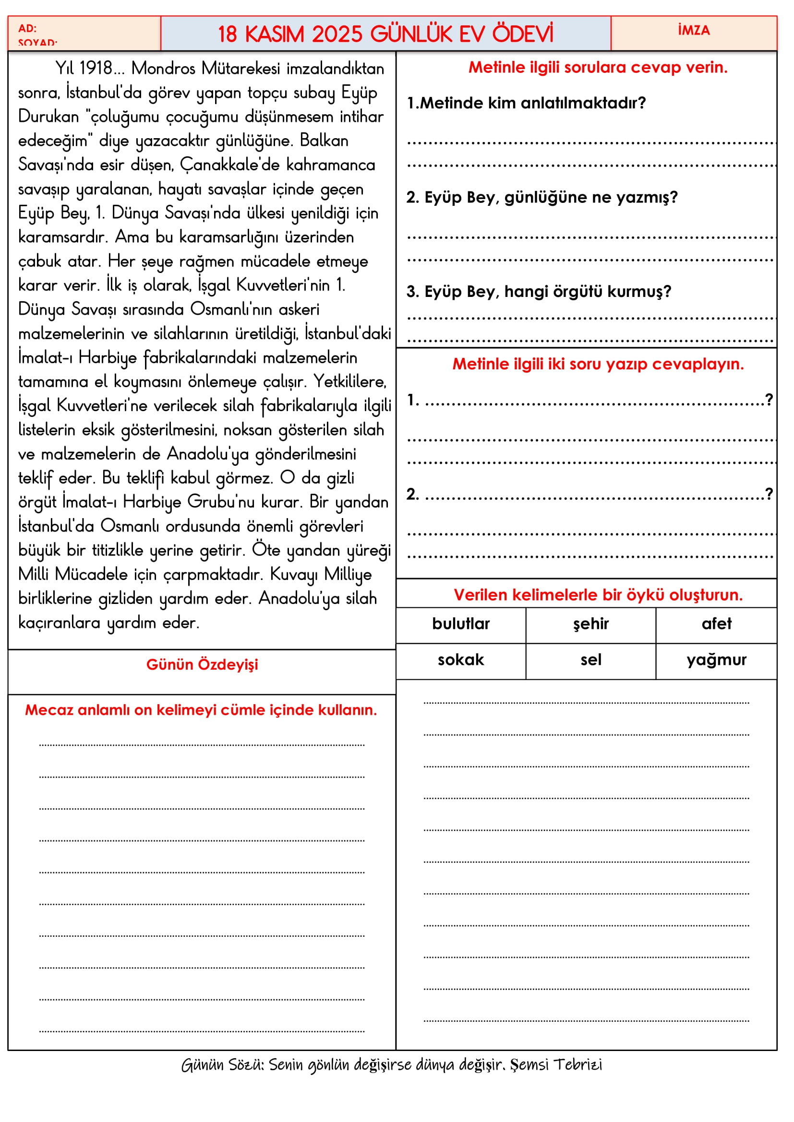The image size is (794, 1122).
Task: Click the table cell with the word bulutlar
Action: point(460,624)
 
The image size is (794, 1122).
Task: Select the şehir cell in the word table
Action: point(590,624)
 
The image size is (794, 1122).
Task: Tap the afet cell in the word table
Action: point(716,624)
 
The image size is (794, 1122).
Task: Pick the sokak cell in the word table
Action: point(460,660)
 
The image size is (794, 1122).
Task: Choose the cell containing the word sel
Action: point(590,660)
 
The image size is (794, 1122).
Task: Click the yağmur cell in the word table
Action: point(716,660)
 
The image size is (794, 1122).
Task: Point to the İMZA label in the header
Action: point(694,30)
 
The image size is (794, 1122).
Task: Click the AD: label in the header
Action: point(27,28)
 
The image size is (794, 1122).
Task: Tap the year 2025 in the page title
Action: point(337,34)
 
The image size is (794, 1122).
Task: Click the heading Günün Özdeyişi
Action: point(202,664)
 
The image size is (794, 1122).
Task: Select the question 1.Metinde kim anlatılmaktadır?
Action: point(527,103)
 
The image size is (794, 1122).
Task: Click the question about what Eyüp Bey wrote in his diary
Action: point(541,198)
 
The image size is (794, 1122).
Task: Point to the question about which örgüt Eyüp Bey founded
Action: point(538,292)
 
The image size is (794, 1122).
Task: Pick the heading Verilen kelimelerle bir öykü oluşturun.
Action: point(598,595)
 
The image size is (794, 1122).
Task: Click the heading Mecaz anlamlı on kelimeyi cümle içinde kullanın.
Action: point(201,710)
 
